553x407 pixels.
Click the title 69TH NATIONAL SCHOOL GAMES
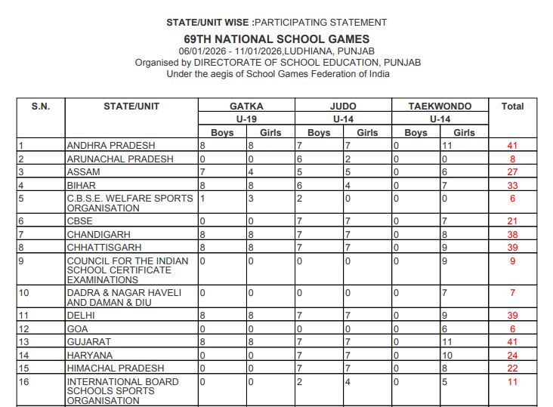[x=276, y=39]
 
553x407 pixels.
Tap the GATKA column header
[x=246, y=106]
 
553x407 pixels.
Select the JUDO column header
[x=343, y=106]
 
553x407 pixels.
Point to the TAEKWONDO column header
[x=440, y=106]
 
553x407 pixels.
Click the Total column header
[x=512, y=106]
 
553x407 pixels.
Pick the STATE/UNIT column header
[x=131, y=106]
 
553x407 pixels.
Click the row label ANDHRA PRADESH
[x=111, y=146]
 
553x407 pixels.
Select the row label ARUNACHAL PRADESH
[x=120, y=159]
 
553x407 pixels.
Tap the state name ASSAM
[x=84, y=172]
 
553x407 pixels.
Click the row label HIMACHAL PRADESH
[x=114, y=368]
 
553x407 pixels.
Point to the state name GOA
[x=78, y=329]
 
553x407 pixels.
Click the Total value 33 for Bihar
[x=512, y=185]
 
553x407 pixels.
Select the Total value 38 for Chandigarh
[x=512, y=234]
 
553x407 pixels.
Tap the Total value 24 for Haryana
[x=512, y=355]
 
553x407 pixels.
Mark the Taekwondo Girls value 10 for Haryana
[x=447, y=355]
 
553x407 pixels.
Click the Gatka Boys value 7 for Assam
[x=202, y=172]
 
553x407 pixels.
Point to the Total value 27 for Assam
[x=512, y=172]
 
